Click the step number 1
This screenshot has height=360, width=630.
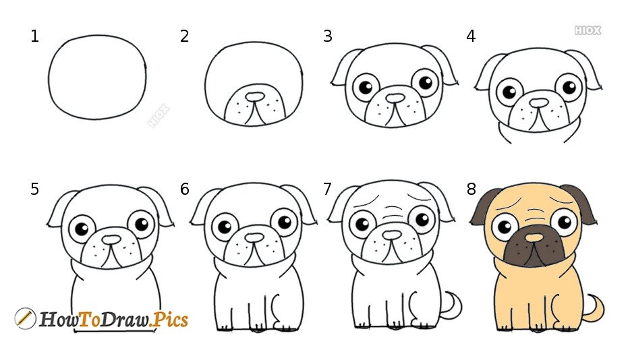tap(34, 36)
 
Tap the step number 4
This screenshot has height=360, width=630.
tap(471, 36)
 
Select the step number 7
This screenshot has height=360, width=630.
tap(327, 189)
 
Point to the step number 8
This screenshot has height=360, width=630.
tap(471, 189)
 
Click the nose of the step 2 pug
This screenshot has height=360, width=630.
tap(255, 97)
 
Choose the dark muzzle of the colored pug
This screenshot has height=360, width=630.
tap(534, 246)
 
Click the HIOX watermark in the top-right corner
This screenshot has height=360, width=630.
tap(588, 30)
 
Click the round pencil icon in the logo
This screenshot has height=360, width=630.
tap(25, 318)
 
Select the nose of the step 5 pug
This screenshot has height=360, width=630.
tap(111, 239)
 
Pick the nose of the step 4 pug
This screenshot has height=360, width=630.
tap(539, 103)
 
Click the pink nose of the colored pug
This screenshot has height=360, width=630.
tap(534, 238)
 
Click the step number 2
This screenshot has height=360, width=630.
tap(184, 36)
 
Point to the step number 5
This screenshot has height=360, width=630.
tap(34, 189)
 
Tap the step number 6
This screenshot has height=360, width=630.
tap(184, 189)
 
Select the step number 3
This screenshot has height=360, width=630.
tap(327, 36)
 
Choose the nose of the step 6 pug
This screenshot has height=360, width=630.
tap(254, 238)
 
